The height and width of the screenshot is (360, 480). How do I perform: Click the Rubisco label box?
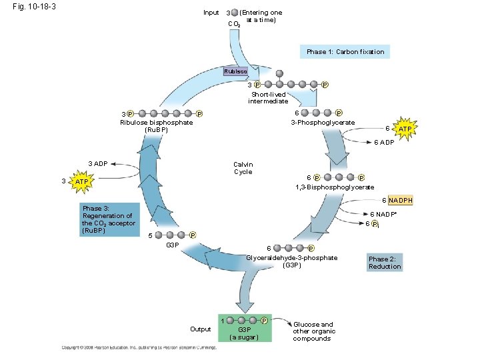pos(235,71)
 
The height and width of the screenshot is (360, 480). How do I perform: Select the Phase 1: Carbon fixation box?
pos(345,51)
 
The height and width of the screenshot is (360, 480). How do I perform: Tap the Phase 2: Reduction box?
pos(385,263)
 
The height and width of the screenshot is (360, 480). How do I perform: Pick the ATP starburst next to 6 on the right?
pos(404,128)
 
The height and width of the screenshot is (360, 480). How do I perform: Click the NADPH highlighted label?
pos(401,201)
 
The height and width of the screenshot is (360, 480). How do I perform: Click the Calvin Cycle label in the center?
pos(243,168)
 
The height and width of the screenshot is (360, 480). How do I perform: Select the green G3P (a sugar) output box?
pos(245,327)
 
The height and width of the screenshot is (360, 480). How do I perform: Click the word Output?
pos(200,329)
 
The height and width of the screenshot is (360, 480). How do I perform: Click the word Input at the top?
pos(211,13)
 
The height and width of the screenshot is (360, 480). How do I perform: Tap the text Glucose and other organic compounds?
pos(314,331)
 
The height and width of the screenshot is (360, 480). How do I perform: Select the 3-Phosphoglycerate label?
pos(323,123)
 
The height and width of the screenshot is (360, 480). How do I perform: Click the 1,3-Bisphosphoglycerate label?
pos(335,187)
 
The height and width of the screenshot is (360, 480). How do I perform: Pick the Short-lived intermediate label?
pos(268,98)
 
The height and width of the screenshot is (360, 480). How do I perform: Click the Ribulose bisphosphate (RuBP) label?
pos(156,126)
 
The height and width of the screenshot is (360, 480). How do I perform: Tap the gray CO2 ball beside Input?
pos(236,13)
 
